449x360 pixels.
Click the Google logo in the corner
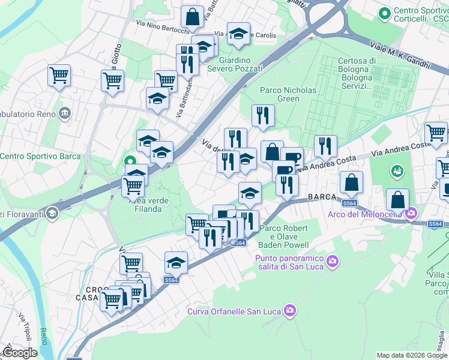20,353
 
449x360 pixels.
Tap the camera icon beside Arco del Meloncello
411,213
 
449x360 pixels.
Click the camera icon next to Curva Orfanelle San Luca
291,310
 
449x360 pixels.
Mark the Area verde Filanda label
143,205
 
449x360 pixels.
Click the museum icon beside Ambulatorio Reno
64,113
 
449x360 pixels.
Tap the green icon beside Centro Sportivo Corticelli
384,12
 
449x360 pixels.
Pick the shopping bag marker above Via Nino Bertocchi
192,17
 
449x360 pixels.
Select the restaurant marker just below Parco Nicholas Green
263,116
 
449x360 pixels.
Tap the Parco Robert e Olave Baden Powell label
283,236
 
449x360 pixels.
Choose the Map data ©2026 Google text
412,355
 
